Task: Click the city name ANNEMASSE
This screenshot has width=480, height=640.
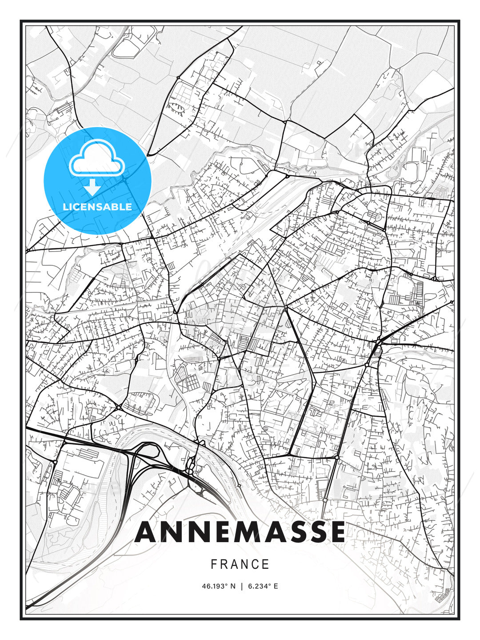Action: [x=240, y=532]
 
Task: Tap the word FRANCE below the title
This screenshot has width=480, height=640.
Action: [x=240, y=564]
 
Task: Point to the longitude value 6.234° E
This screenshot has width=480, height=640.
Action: [x=262, y=586]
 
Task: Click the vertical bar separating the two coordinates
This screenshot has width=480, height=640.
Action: [x=241, y=586]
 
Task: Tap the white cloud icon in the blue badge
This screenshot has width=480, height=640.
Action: [x=96, y=159]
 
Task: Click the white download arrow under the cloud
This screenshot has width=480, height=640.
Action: [x=92, y=187]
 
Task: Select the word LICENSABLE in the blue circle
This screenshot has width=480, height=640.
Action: [x=97, y=207]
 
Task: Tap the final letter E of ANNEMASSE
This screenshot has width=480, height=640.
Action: [x=337, y=532]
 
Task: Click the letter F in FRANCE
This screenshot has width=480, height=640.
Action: [x=213, y=564]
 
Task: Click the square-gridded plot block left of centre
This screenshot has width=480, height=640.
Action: [x=189, y=380]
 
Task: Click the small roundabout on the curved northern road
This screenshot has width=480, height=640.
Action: [x=178, y=78]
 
